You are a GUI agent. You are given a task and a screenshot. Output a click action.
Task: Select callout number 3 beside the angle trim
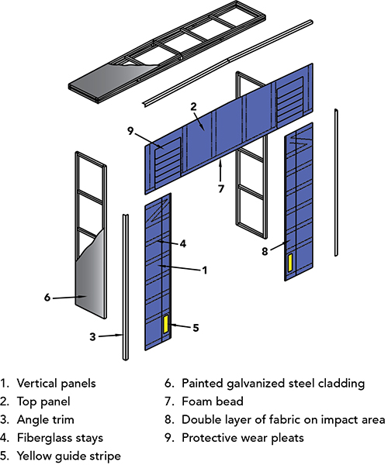pyautogui.click(x=93, y=336)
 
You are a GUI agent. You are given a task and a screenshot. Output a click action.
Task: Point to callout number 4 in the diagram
pyautogui.click(x=183, y=243)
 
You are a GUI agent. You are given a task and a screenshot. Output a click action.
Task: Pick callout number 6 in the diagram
pyautogui.click(x=48, y=295)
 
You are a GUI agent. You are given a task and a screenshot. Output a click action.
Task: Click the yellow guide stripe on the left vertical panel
pyautogui.click(x=165, y=324)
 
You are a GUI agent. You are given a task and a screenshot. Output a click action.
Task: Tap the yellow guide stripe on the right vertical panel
pyautogui.click(x=289, y=262)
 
